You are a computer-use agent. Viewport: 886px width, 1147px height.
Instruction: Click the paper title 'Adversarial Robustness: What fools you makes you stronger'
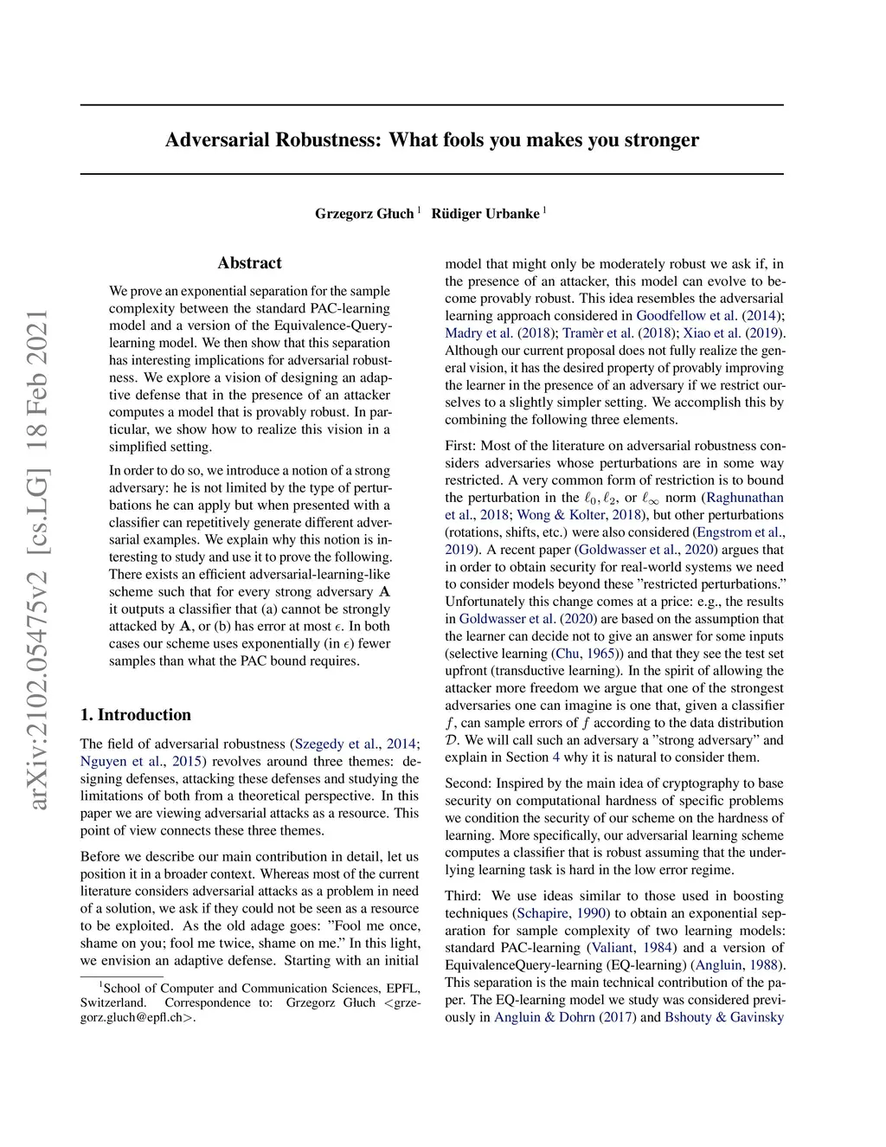coord(432,140)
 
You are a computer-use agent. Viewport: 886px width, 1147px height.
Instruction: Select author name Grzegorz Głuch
coord(364,214)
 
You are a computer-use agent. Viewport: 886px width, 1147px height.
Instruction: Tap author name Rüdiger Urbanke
coord(485,214)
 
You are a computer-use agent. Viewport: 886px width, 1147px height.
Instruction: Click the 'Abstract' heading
coord(249,263)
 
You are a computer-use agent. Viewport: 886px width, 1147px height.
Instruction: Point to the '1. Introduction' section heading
coord(136,714)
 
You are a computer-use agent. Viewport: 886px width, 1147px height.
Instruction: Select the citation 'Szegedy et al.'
coord(337,744)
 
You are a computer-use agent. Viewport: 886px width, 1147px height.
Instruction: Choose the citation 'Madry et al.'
coord(479,332)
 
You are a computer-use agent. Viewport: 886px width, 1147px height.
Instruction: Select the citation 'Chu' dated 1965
coord(568,654)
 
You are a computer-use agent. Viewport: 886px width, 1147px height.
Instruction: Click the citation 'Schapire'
coord(543,913)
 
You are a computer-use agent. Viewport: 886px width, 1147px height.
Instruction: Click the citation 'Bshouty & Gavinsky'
coord(724,1017)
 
